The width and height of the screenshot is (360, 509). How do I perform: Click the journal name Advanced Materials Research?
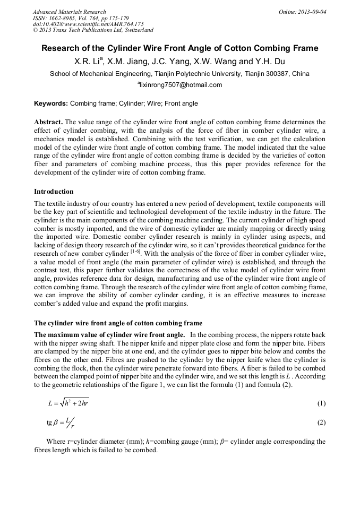(x=69, y=12)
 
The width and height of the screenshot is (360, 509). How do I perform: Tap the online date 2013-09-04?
(x=310, y=12)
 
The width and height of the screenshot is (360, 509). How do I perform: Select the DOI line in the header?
(x=88, y=24)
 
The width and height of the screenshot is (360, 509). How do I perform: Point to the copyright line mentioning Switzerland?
(x=93, y=30)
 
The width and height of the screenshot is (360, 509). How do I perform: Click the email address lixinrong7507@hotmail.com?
(x=181, y=85)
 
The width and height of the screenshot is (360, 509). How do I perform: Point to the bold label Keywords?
(x=51, y=103)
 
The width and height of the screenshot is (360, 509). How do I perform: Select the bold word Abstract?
(x=49, y=122)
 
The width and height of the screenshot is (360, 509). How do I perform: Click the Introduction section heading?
(x=54, y=191)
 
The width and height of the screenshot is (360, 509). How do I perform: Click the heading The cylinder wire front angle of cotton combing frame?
(x=118, y=323)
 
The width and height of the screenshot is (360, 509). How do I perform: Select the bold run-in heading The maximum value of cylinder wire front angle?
(x=109, y=334)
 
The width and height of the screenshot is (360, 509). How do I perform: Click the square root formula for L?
(x=68, y=403)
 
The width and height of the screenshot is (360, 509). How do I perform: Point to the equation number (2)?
(x=321, y=422)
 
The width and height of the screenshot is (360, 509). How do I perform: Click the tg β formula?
(x=61, y=422)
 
